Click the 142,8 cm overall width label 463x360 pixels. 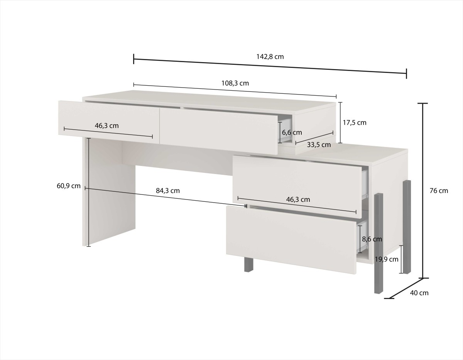pos(270,57)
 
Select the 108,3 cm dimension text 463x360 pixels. pos(235,83)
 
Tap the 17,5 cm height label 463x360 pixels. pos(355,123)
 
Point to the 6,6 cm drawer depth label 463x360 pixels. pos(292,132)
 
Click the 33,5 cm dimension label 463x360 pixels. pos(319,145)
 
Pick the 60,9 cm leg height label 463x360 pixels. pos(69,186)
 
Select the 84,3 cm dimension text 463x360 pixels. pos(168,191)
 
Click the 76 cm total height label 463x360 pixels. pos(439,191)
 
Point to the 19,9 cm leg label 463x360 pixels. pos(387,259)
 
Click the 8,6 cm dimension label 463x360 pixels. pos(372,239)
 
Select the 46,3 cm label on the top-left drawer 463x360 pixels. pos(107,126)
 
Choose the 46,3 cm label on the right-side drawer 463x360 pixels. pos(298,199)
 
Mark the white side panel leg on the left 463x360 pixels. pos(109,192)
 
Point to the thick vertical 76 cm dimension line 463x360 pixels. pos(423,191)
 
